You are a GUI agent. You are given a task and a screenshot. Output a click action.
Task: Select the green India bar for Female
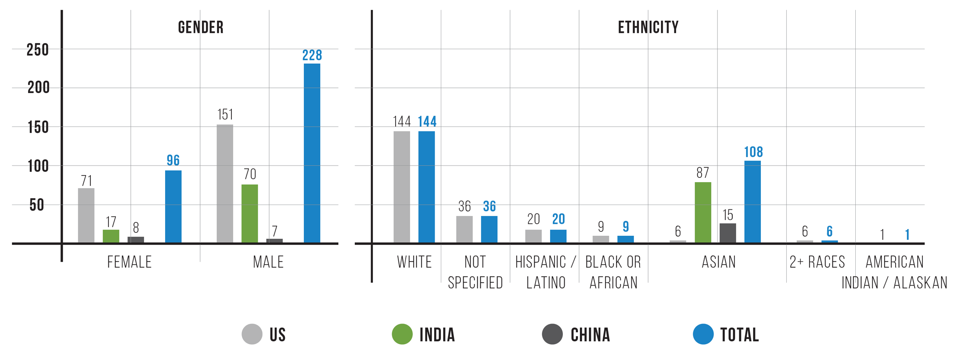click(111, 236)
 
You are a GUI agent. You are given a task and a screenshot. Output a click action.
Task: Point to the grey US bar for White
click(402, 187)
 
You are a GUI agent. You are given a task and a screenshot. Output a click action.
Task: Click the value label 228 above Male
click(312, 55)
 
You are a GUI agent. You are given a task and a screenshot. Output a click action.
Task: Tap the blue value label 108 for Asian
click(753, 152)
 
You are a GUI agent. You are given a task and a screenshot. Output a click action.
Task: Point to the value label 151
click(225, 115)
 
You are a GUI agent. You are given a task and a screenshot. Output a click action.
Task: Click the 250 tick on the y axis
click(38, 50)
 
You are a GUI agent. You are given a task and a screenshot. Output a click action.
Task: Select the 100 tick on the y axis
click(38, 166)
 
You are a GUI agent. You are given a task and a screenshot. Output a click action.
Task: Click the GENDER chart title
click(201, 28)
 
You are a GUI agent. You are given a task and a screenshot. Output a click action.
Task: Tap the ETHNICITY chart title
click(648, 28)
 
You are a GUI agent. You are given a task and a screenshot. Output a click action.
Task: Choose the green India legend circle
click(402, 334)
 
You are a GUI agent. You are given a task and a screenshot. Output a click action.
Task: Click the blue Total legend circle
click(703, 334)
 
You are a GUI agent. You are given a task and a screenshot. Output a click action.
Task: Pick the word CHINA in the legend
click(591, 335)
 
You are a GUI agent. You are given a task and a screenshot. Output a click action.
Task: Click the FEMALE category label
click(130, 262)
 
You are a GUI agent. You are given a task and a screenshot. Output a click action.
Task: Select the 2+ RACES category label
click(817, 262)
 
